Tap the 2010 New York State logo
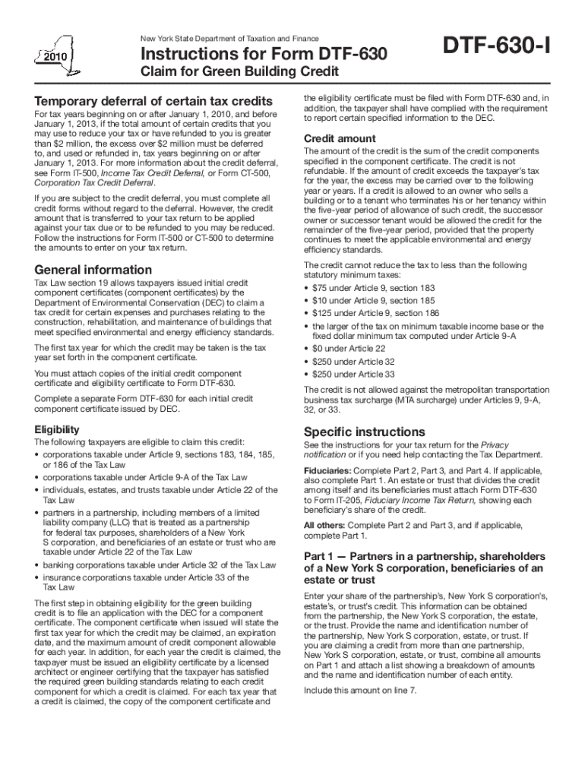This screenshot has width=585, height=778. (x=53, y=55)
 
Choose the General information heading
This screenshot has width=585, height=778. (x=93, y=270)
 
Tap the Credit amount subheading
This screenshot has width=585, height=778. (x=339, y=138)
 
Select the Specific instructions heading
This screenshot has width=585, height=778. (x=364, y=432)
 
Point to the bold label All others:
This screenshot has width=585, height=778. (x=327, y=525)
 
